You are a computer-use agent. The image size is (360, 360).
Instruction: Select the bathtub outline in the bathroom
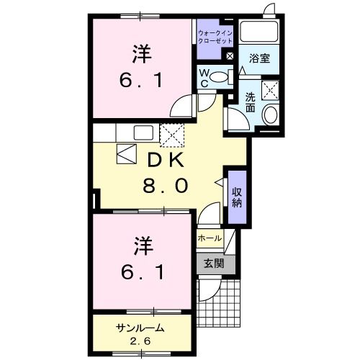[261, 32]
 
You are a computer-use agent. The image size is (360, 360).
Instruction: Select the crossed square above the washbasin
[272, 89]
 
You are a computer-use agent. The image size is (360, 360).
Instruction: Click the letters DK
[163, 159]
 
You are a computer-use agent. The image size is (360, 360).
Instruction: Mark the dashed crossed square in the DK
[171, 135]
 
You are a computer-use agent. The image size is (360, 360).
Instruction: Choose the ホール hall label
[209, 238]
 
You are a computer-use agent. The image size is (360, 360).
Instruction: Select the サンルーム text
[140, 328]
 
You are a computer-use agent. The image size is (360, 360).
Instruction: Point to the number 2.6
[141, 341]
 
